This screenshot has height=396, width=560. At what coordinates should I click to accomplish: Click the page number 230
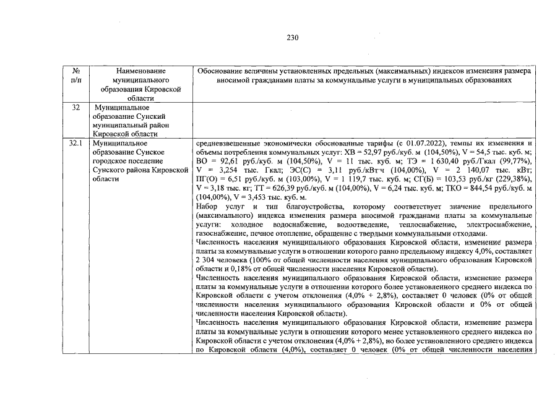click(x=293, y=38)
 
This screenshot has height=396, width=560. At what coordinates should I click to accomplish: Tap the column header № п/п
click(x=76, y=76)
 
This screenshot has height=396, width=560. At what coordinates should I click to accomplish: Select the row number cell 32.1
click(x=76, y=142)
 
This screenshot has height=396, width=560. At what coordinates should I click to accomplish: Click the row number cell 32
click(x=76, y=108)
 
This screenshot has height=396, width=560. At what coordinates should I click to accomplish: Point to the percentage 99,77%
click(x=518, y=161)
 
